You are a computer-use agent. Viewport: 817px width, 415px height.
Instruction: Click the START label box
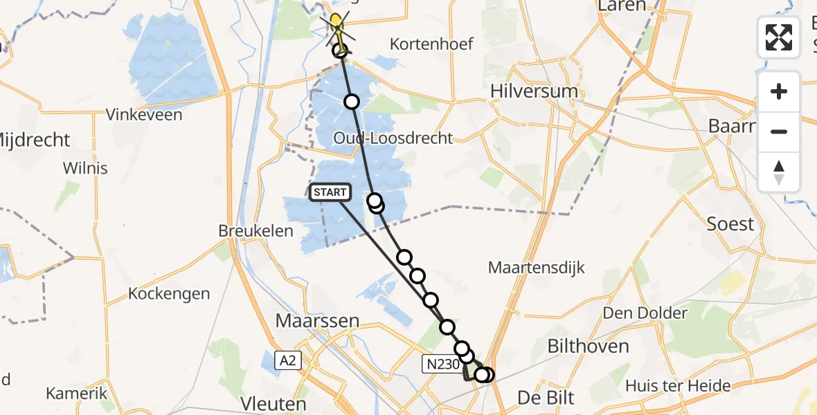[331, 192]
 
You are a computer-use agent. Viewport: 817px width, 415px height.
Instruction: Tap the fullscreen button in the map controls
[779, 37]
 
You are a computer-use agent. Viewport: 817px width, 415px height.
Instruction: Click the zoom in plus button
[779, 92]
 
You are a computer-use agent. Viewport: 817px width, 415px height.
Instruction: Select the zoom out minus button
[779, 131]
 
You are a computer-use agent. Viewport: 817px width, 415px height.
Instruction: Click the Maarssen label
[318, 321]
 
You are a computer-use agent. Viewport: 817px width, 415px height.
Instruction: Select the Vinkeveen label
[144, 115]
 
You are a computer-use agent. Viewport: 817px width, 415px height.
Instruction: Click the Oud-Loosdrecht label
[393, 138]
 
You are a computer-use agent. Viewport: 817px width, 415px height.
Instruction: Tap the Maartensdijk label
[537, 268]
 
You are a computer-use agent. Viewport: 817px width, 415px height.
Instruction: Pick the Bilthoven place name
[588, 346]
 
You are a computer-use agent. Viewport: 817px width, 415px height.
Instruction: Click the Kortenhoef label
[431, 44]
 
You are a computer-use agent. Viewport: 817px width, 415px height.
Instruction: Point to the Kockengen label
[169, 294]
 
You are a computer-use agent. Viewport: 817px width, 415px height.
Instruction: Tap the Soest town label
[730, 224]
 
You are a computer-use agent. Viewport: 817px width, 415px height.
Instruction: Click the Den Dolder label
[645, 313]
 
